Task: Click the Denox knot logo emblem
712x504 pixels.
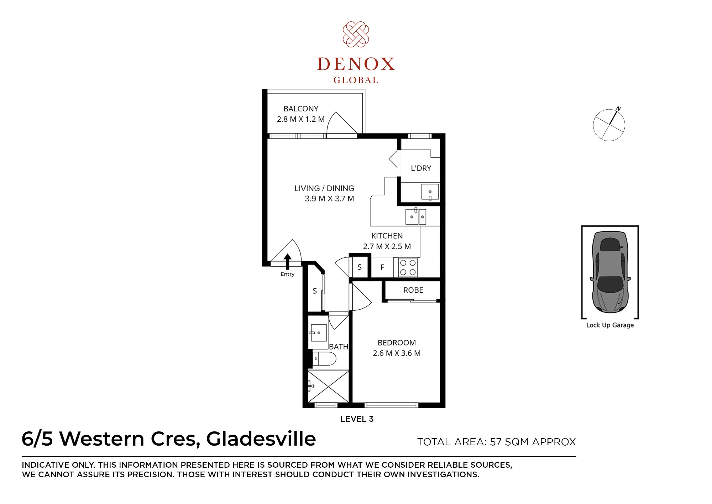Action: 356,35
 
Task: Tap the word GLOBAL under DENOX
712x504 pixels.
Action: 356,80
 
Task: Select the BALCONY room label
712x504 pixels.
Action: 301,109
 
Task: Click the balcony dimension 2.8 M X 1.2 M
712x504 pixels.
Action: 301,119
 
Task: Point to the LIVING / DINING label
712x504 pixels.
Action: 324,188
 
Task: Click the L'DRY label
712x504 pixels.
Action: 421,168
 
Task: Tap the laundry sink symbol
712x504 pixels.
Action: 430,193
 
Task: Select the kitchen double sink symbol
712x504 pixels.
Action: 416,216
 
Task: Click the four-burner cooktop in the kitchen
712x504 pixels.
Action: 408,267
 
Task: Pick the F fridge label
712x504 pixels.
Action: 382,267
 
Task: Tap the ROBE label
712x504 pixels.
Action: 413,290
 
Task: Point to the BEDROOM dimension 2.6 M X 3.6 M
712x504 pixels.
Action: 397,353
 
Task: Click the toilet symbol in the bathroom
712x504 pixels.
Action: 324,359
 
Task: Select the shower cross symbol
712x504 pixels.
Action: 328,387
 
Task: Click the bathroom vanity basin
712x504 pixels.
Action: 319,333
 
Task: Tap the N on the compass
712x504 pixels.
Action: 618,109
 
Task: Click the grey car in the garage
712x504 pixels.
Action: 610,272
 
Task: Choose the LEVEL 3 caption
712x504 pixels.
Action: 357,419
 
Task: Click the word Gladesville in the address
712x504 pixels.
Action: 261,439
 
